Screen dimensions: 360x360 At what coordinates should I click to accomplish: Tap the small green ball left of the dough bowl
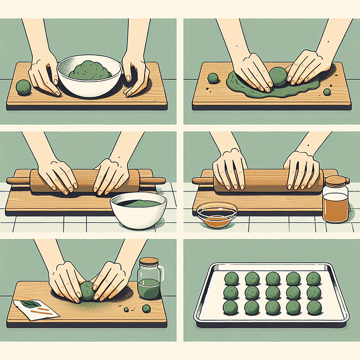pos(22,87)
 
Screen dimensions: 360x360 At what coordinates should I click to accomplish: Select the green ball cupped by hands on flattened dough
pos(278,76)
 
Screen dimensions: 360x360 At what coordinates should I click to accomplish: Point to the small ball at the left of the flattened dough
pos(213,78)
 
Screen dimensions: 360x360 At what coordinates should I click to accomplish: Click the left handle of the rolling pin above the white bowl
pos(17,181)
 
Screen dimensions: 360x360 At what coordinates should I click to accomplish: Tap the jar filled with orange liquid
pos(335,202)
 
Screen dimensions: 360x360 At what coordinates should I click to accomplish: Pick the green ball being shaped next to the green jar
pos(87,290)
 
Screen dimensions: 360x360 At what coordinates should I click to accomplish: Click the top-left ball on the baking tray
pos(231,278)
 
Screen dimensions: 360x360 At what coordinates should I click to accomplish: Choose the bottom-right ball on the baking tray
pos(313,307)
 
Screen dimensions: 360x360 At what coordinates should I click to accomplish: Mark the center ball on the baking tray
pos(272,292)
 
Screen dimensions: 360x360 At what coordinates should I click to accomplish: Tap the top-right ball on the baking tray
pos(313,278)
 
